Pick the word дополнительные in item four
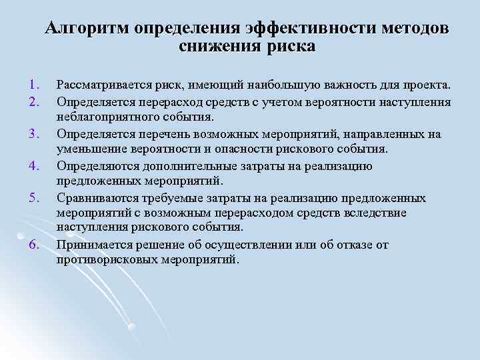181,166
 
